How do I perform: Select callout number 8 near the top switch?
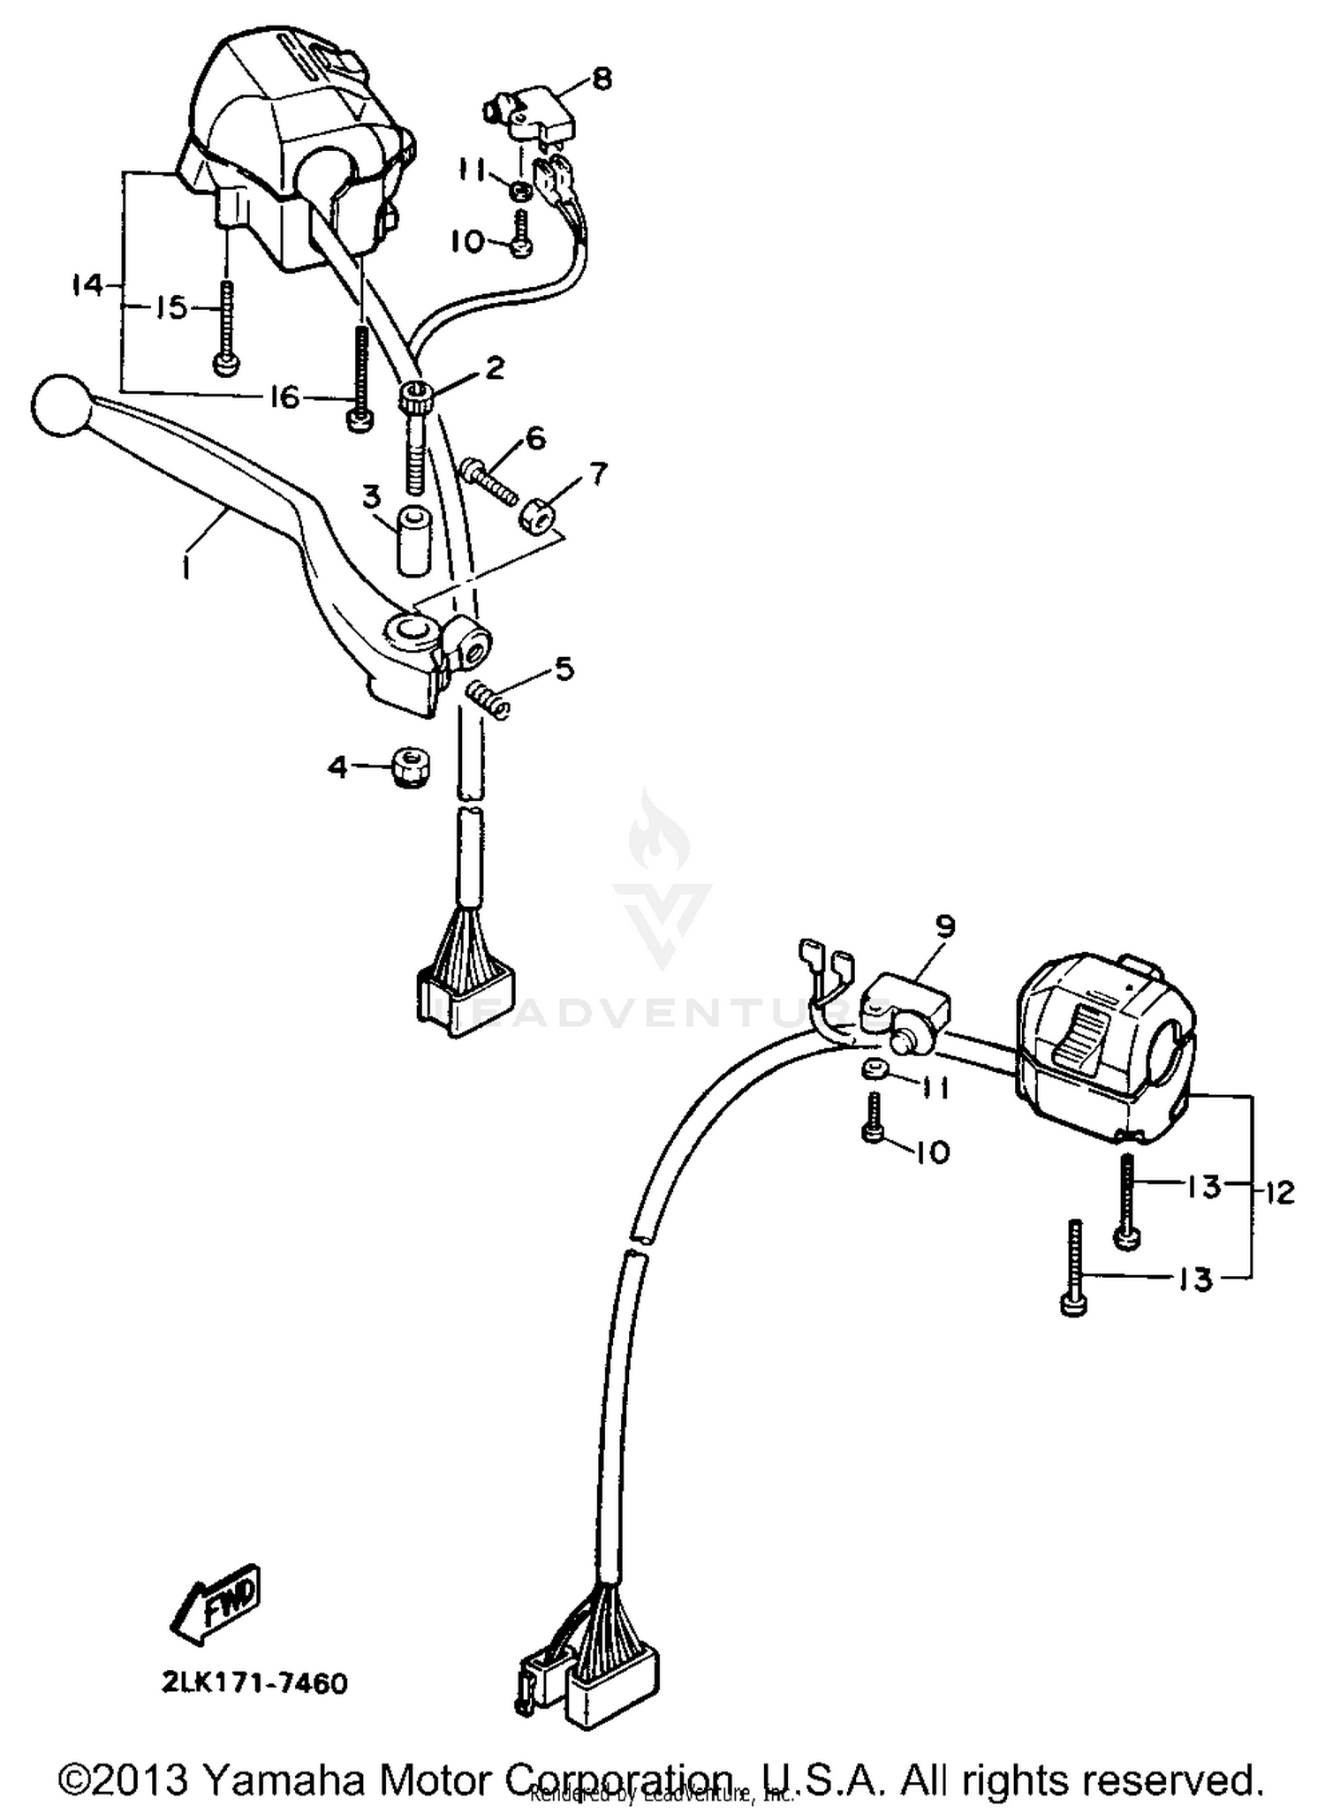(x=601, y=79)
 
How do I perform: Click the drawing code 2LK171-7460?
(x=254, y=1683)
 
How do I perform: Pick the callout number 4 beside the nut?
(x=337, y=767)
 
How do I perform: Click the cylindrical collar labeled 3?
(x=408, y=540)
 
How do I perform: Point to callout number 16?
(x=284, y=398)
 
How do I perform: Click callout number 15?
(x=171, y=307)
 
